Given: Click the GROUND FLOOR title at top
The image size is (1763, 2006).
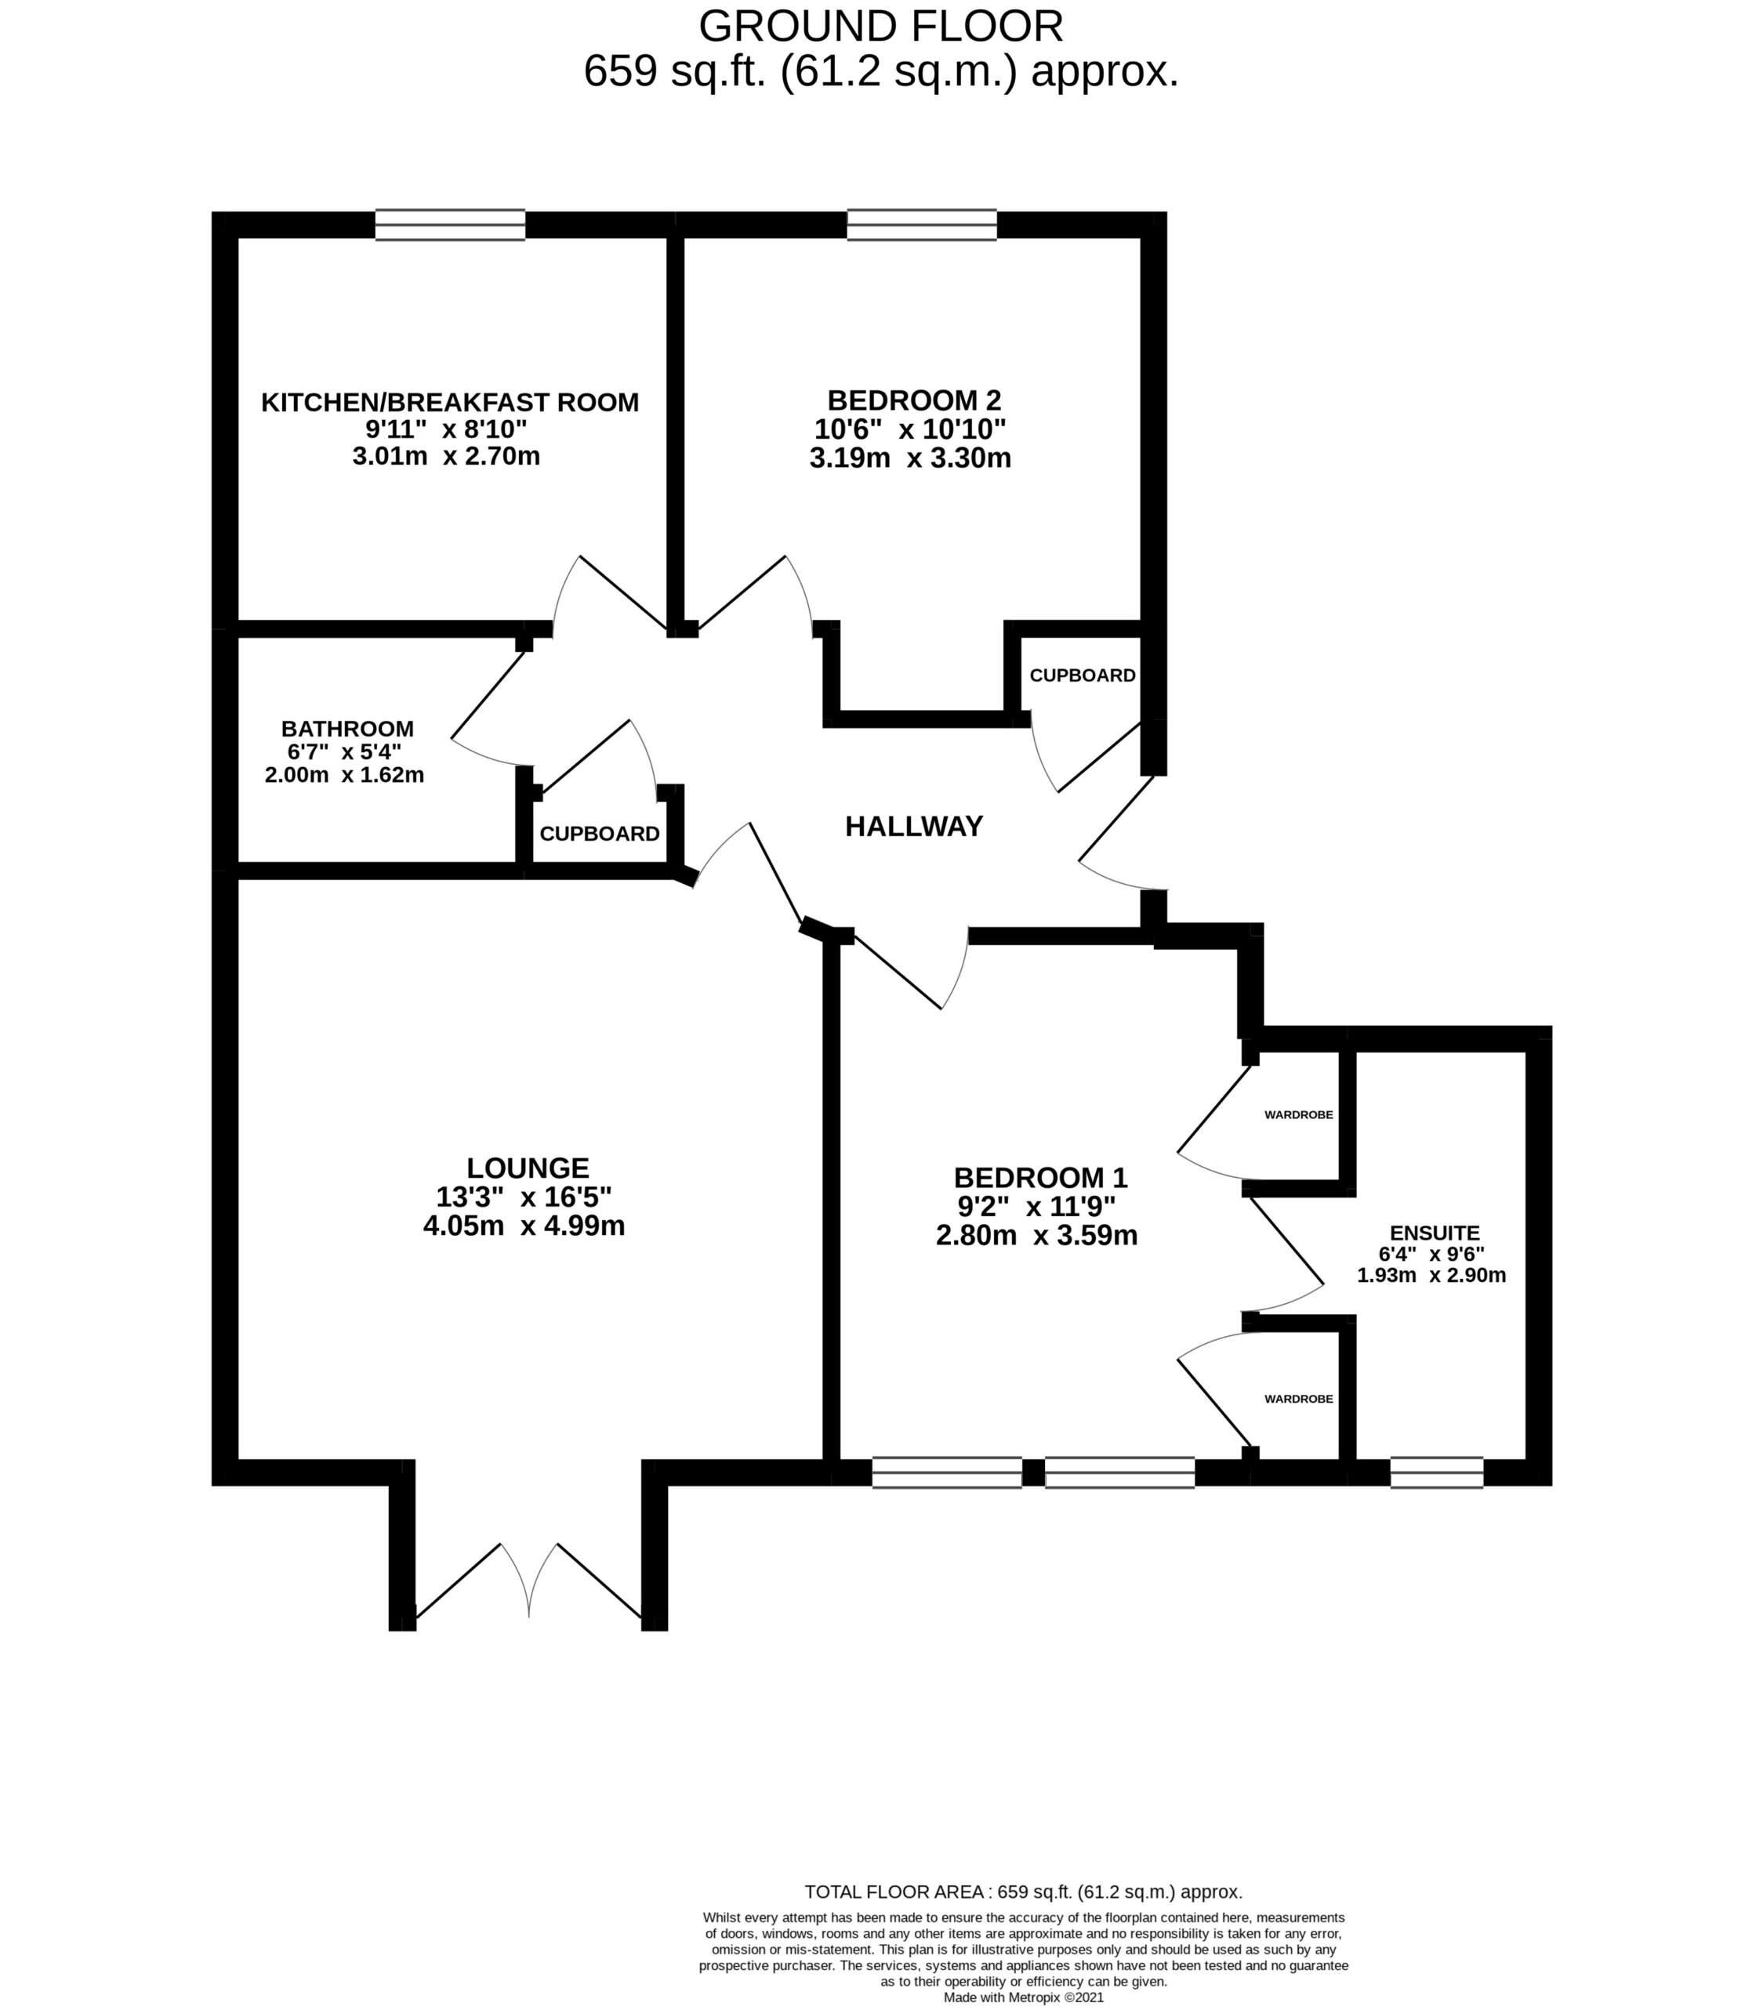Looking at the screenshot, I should click(880, 27).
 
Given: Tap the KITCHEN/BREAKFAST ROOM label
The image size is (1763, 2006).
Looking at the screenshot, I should click(450, 403).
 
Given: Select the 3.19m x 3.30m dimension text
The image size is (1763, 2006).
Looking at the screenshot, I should click(910, 458).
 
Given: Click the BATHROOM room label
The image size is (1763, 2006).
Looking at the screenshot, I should click(347, 728).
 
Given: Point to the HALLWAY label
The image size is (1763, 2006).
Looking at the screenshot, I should click(914, 827).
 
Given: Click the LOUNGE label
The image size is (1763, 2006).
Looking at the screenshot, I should click(527, 1168).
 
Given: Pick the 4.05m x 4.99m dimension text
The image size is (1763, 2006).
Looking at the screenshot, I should click(524, 1226).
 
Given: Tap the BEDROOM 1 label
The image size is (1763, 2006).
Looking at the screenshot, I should click(1040, 1177).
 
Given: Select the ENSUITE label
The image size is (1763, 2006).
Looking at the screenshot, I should click(1435, 1233).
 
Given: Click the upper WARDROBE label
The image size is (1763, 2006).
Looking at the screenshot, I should click(1297, 1115).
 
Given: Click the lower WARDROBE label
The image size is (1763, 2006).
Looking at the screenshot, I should click(1297, 1399).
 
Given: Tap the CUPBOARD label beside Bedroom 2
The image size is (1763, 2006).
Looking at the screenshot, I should click(1082, 675).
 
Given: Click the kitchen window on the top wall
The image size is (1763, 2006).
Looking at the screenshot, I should click(450, 225).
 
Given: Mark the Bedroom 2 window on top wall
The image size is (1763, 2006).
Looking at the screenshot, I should click(922, 225).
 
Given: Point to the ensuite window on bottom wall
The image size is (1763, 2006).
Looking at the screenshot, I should click(1436, 1472).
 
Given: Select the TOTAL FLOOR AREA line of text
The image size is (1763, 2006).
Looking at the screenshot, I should click(1023, 1891).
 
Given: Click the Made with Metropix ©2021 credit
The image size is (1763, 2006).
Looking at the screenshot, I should click(1023, 1997).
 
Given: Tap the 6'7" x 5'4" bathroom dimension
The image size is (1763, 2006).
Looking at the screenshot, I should click(345, 751).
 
